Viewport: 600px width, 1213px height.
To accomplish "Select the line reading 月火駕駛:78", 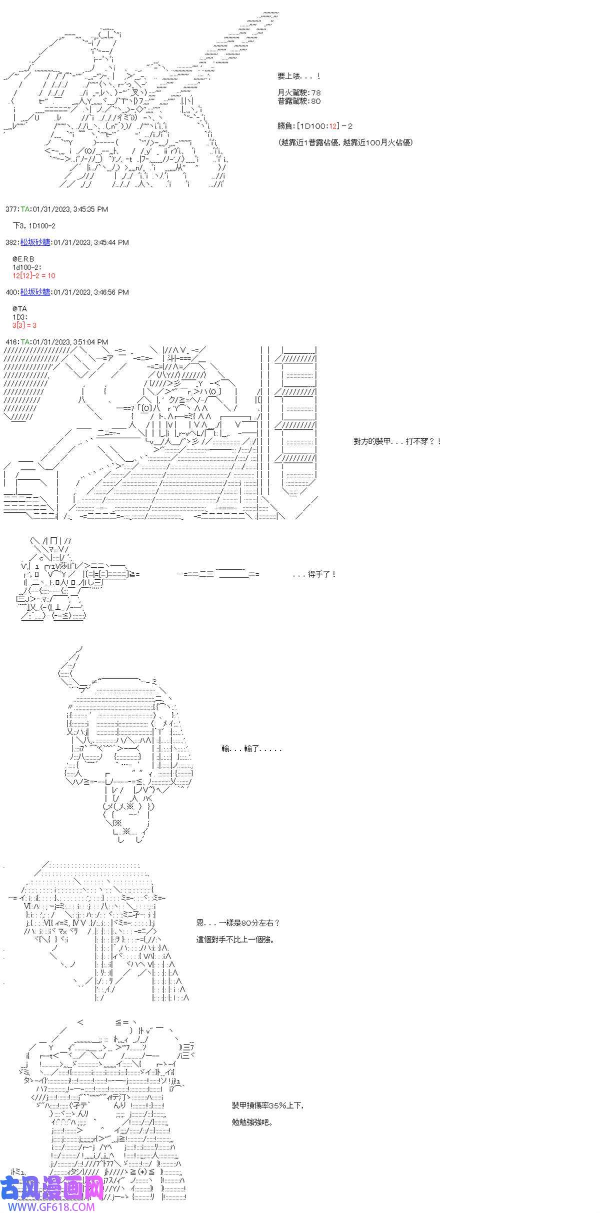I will pyautogui.click(x=299, y=92).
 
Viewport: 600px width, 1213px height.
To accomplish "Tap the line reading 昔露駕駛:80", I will pyautogui.click(x=299, y=101).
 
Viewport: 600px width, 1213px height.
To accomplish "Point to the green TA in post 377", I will pyautogui.click(x=25, y=209).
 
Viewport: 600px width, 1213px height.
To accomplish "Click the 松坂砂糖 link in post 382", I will pyautogui.click(x=35, y=242).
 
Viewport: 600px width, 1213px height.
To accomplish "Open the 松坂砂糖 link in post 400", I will pyautogui.click(x=35, y=292).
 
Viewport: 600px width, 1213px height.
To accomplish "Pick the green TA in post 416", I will pyautogui.click(x=25, y=342).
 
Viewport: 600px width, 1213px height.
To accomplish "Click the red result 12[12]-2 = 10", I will pyautogui.click(x=34, y=276).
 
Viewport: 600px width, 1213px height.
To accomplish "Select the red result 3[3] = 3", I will pyautogui.click(x=25, y=325).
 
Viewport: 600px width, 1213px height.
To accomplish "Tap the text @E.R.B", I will pyautogui.click(x=24, y=259).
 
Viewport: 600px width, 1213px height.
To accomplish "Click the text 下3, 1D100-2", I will pyautogui.click(x=34, y=226).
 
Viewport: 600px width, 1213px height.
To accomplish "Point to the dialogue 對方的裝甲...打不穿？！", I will pyautogui.click(x=397, y=442).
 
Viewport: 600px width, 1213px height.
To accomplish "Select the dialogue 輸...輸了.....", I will pyautogui.click(x=251, y=749).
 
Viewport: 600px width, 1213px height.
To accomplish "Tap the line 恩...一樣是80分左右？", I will pyautogui.click(x=238, y=923).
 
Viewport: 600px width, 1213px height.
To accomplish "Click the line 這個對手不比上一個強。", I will pyautogui.click(x=235, y=939).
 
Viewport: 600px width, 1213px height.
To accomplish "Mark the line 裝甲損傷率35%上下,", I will pyautogui.click(x=267, y=1092).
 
